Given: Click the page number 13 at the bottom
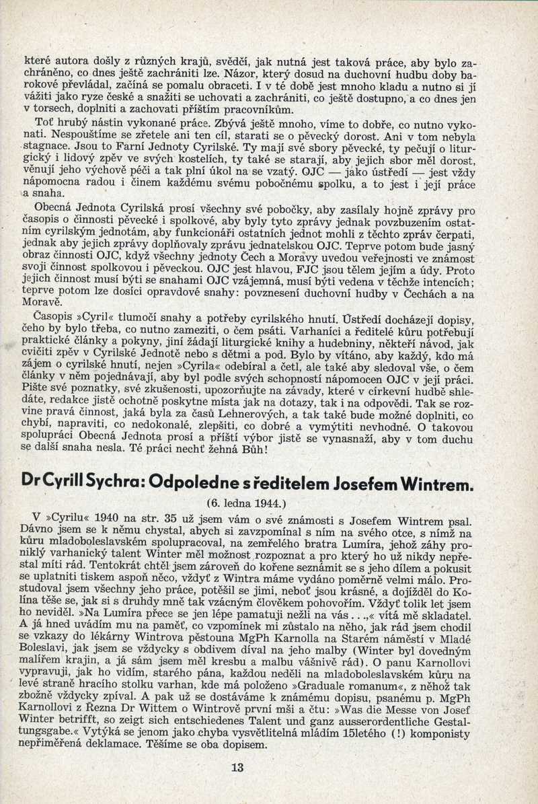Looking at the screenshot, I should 237,767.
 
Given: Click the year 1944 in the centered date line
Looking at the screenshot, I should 274,503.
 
